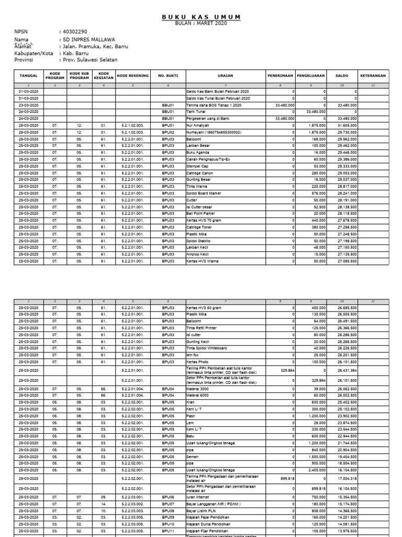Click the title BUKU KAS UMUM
[201, 17]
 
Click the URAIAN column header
[225, 76]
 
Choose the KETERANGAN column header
[373, 76]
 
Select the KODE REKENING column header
[133, 76]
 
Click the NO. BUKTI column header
[167, 76]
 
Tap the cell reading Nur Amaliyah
[198, 126]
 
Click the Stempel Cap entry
[197, 165]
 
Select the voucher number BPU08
[167, 510]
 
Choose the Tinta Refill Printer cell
[202, 328]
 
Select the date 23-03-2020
[29, 105]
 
